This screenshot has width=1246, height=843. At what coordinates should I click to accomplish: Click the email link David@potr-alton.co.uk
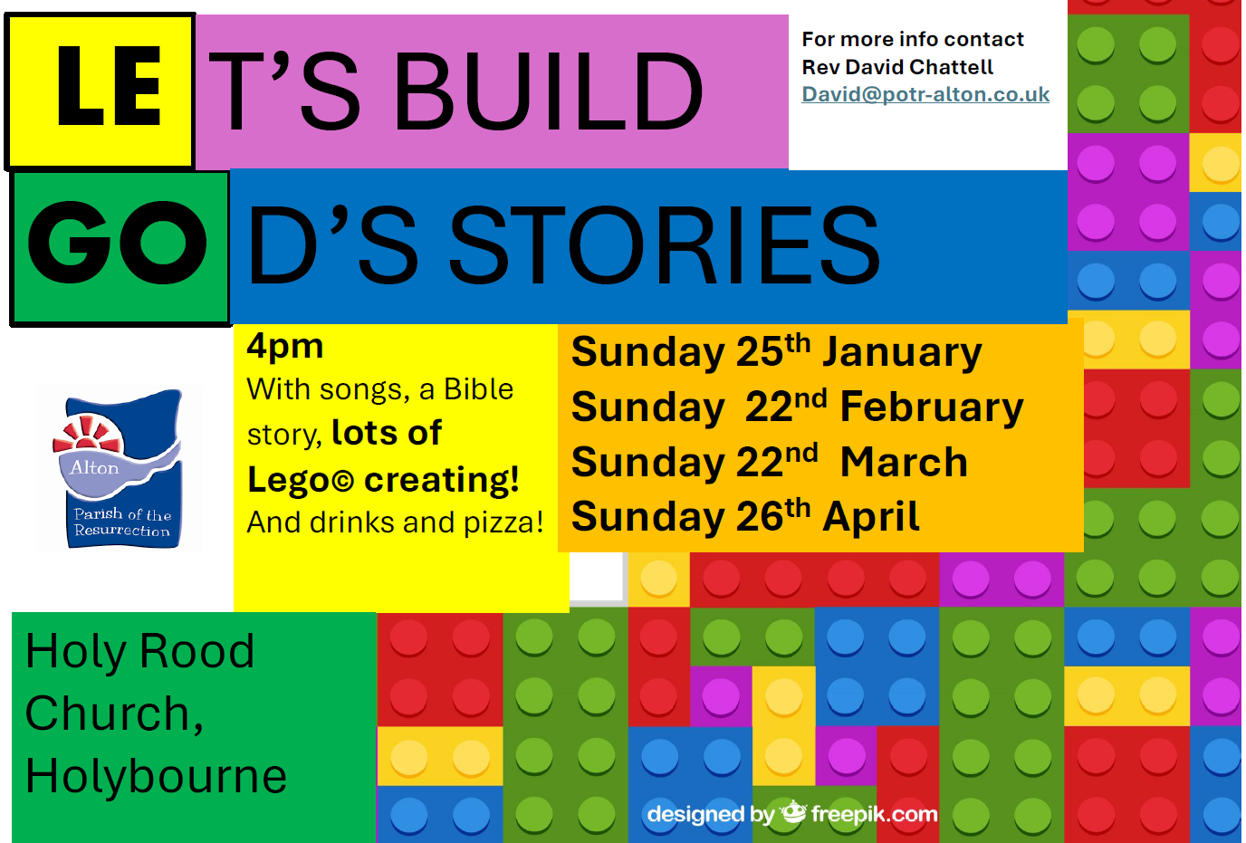click(x=925, y=94)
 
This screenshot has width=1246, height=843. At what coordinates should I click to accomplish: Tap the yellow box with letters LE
click(x=100, y=91)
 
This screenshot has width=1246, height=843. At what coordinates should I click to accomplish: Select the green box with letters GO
click(x=120, y=248)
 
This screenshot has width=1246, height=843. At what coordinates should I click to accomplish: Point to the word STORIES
click(x=665, y=245)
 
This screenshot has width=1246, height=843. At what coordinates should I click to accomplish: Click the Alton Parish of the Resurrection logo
click(x=120, y=468)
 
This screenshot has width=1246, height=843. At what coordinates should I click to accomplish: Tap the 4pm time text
click(x=285, y=347)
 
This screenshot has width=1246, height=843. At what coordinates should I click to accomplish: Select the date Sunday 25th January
click(x=777, y=351)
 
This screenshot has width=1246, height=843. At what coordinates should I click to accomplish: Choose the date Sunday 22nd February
click(x=797, y=407)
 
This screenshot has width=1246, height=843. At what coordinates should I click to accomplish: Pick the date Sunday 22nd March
click(x=770, y=461)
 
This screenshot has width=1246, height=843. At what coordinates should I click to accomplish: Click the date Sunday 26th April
click(x=745, y=516)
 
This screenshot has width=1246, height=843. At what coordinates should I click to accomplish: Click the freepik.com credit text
click(x=874, y=814)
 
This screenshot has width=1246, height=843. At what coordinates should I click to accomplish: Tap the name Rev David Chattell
click(x=897, y=67)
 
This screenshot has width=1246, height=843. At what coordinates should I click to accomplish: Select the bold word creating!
click(x=442, y=479)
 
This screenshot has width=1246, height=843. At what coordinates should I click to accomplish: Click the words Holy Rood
click(x=139, y=651)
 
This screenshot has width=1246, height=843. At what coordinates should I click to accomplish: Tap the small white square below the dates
click(x=597, y=577)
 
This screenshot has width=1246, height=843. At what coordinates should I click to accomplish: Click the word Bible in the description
click(x=478, y=388)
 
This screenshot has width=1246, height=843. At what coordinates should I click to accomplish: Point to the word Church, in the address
click(x=114, y=714)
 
